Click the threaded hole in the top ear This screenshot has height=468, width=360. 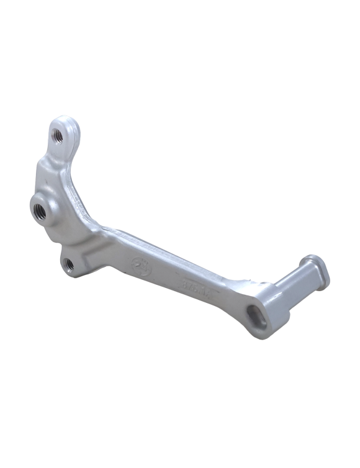tap(56, 133)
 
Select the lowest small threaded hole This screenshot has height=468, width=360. tap(70, 264)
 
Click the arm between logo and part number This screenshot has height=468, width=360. tap(166, 273)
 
